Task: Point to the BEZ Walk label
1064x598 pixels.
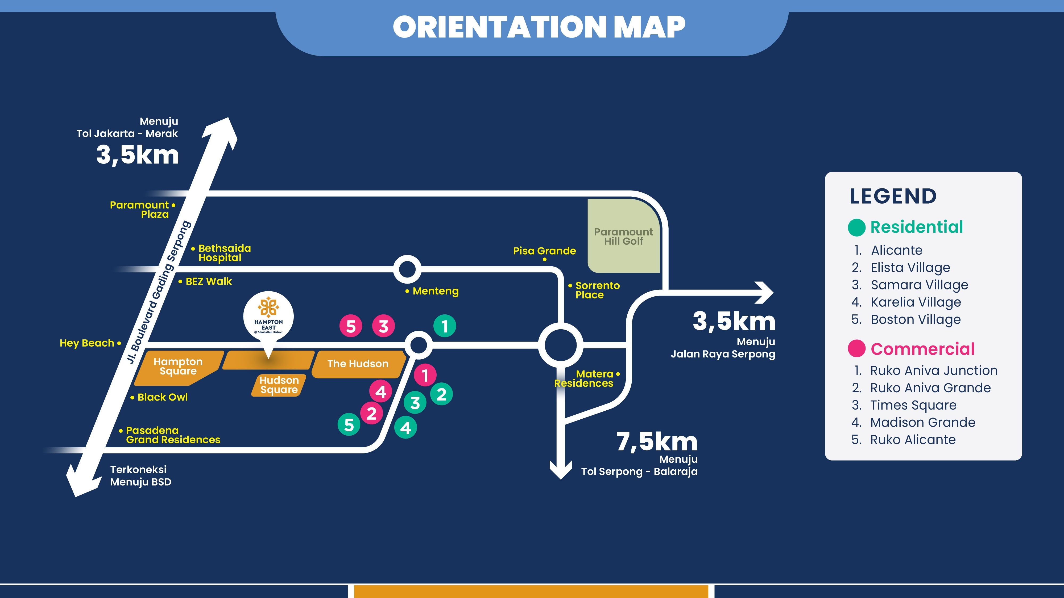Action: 209,281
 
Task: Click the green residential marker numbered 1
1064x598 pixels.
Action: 444,326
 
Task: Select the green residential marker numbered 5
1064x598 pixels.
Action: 349,425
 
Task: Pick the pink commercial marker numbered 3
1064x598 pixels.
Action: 383,326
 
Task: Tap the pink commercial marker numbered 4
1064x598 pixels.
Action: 381,391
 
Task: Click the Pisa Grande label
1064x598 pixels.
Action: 544,251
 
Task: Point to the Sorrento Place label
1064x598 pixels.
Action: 597,290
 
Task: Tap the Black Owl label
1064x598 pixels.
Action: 162,397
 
